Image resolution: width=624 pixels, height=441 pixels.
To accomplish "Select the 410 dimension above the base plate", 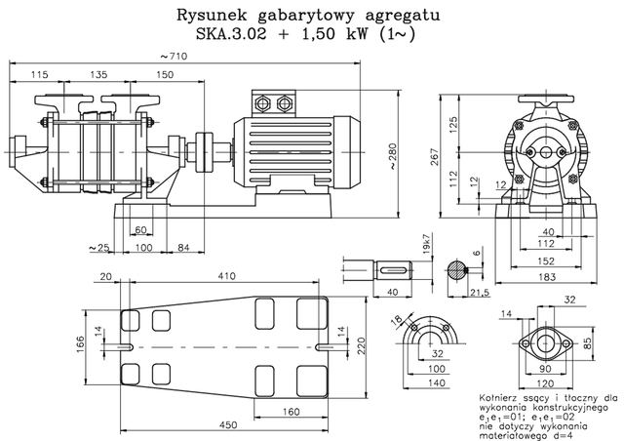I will point(227,277).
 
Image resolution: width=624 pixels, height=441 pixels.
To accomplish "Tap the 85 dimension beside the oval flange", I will point(614,342).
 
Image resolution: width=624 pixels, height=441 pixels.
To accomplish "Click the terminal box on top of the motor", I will point(272,103).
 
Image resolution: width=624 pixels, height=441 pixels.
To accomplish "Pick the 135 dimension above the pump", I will point(98,74).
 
